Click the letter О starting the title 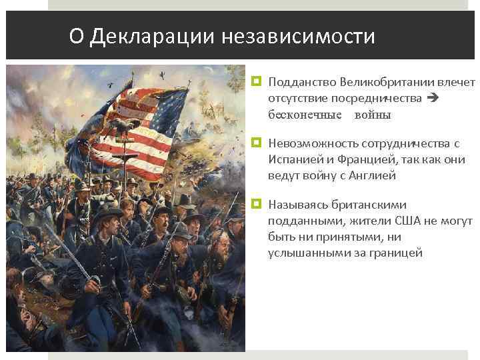click(x=76, y=36)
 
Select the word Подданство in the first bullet click(x=301, y=82)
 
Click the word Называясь click(x=296, y=205)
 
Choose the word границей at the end click(x=396, y=253)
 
